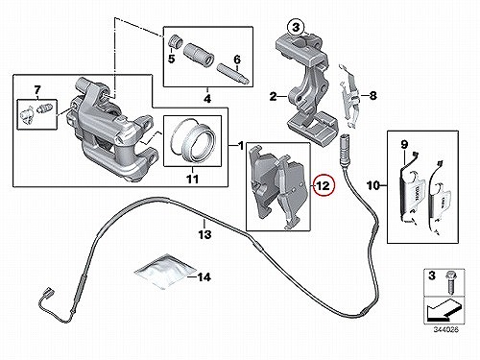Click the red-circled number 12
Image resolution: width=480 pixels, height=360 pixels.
tap(324, 185)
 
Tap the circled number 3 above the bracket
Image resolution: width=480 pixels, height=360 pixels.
tap(297, 28)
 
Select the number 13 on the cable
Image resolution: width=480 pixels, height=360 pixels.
tap(204, 234)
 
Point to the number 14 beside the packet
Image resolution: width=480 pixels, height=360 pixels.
tap(204, 277)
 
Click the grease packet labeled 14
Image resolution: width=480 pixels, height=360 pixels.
tap(164, 272)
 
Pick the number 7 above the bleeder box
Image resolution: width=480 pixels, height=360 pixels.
tap(37, 89)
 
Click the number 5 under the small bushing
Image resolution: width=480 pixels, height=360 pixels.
tap(172, 59)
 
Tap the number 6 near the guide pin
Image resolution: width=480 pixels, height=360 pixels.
tap(237, 60)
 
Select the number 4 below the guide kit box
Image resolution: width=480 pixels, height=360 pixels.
tap(207, 99)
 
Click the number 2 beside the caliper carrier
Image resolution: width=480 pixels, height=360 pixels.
tap(273, 96)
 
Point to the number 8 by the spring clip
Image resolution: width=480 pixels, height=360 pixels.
tap(372, 95)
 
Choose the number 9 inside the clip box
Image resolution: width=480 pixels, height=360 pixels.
tap(404, 145)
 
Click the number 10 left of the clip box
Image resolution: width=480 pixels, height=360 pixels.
tap(373, 185)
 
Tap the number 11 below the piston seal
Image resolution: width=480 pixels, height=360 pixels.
tap(192, 179)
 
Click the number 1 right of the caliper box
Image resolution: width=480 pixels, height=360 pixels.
tap(241, 146)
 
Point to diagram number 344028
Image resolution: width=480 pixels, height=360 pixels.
tap(446, 329)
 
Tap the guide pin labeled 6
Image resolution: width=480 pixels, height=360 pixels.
tap(233, 74)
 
